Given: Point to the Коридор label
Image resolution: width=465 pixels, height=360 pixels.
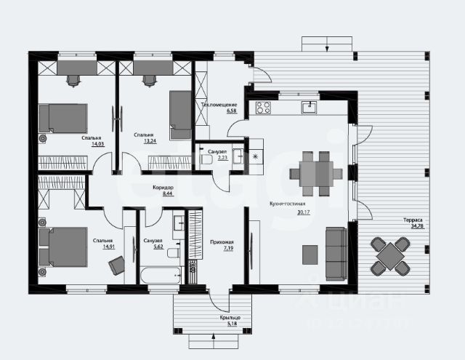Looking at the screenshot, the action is [162, 187].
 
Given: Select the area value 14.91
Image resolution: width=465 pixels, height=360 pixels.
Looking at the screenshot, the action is [102, 246].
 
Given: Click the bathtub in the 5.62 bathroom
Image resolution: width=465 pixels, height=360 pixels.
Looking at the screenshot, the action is [161, 276].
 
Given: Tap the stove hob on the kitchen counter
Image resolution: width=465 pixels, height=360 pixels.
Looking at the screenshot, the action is [263, 109].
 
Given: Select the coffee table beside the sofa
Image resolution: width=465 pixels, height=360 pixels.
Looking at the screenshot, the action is [310, 254].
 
